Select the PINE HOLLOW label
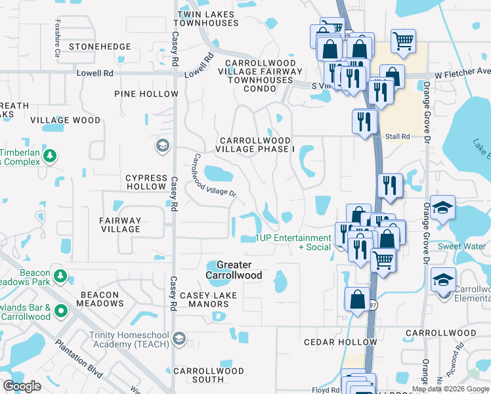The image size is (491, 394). (146, 94)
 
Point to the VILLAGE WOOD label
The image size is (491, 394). (66, 121)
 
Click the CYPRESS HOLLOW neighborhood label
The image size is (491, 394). (146, 182)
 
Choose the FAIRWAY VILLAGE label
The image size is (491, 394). (121, 225)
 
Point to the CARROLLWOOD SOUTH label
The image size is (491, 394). (208, 375)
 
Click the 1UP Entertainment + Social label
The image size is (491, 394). (293, 242)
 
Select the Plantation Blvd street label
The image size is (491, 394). (79, 357)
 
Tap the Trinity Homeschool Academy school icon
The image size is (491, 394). (179, 339)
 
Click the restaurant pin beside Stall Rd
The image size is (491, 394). (364, 121)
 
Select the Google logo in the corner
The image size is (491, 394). (22, 386)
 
